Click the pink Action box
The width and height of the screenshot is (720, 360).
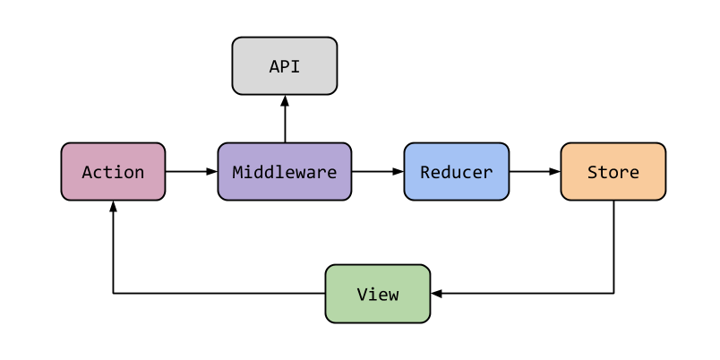pos(113,171)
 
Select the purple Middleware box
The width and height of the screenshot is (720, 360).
pos(284,171)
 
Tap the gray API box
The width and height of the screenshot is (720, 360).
pos(284,65)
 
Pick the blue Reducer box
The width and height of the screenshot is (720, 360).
pos(456,171)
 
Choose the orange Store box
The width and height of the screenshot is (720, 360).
pos(613,171)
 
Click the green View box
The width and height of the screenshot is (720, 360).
pos(377,293)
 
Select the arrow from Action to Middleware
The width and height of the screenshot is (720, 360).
pos(191,171)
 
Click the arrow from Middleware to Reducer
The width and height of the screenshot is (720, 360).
pos(376,171)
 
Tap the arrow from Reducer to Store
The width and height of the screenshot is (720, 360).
pos(534,171)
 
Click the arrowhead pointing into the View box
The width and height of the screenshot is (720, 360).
pos(436,293)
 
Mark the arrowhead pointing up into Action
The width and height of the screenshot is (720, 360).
pos(113,207)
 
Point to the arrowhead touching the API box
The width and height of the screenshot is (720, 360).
pos(284,100)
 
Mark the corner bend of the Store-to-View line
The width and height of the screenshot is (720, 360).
pos(613,293)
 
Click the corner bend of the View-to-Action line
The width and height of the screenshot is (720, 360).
pos(113,293)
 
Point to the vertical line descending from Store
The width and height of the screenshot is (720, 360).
pos(613,246)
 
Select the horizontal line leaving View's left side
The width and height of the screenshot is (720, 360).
pos(219,293)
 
